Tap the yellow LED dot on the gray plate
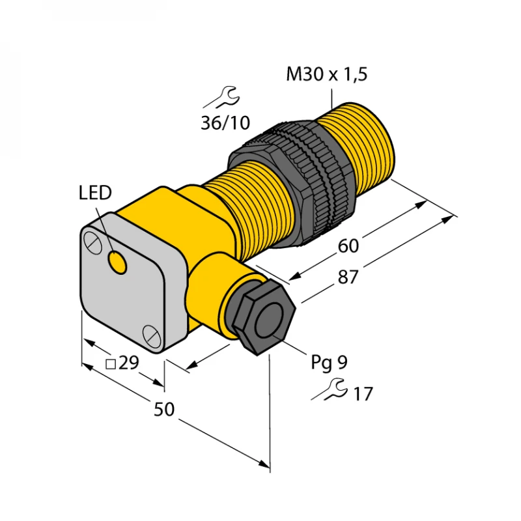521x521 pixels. (118, 263)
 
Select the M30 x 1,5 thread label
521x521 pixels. (327, 75)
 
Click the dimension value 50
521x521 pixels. (165, 409)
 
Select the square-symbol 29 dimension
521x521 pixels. (122, 363)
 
